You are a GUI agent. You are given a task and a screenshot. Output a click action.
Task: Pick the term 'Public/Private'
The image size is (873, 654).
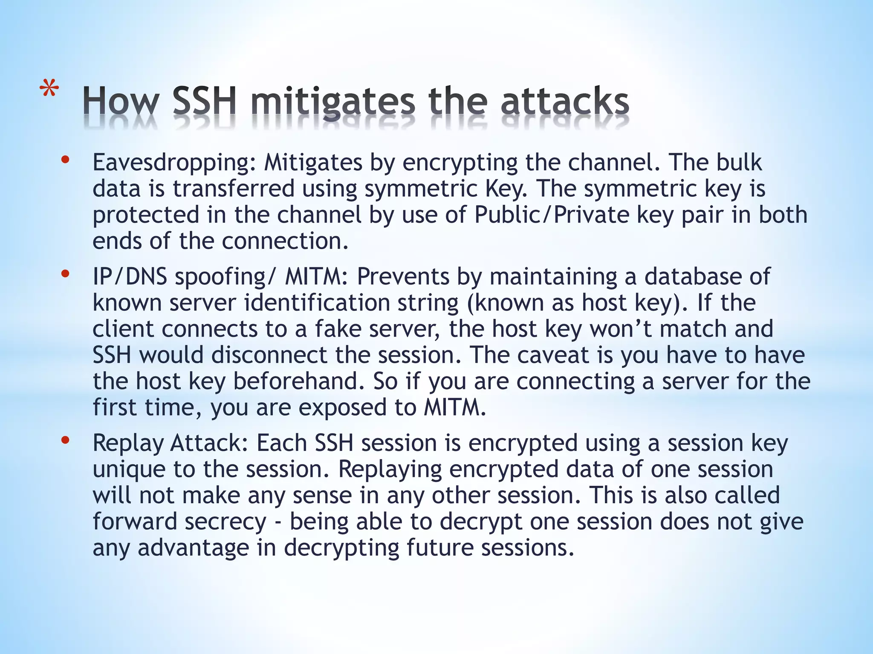pos(552,215)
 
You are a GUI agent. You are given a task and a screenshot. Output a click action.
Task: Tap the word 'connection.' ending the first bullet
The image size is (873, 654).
pos(285,241)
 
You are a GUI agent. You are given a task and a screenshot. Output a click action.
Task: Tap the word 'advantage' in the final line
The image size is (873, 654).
pos(193,548)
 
